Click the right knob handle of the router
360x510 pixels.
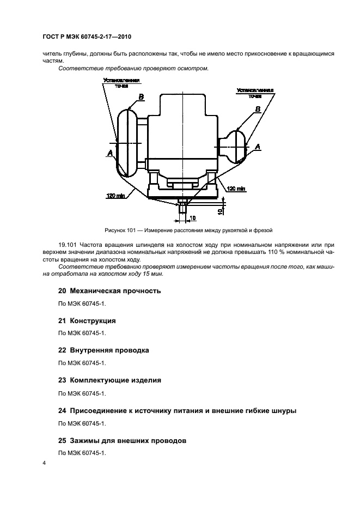click(239, 145)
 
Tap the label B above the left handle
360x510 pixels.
click(141, 97)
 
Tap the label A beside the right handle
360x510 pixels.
click(258, 145)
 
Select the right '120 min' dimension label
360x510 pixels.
click(236, 189)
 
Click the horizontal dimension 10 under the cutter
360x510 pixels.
click(192, 218)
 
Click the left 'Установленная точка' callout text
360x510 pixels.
click(121, 82)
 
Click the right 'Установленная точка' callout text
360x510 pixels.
click(255, 93)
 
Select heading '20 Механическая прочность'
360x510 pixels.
click(109, 290)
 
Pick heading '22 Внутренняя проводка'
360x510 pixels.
click(103, 350)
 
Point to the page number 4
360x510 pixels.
click(44, 463)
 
